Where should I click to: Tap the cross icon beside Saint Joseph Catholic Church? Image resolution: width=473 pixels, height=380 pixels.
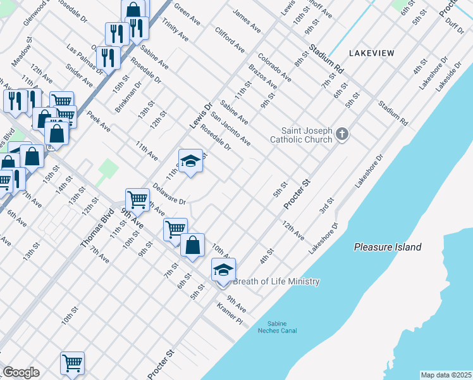point(342,134)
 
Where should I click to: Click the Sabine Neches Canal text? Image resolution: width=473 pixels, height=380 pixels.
point(277,327)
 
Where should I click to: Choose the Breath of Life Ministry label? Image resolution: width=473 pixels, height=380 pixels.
point(276,282)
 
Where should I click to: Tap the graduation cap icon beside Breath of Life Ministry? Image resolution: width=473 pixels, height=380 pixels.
point(223,270)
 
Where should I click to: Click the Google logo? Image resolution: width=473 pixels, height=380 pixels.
point(21,372)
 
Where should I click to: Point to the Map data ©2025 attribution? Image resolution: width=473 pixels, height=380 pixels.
point(446,375)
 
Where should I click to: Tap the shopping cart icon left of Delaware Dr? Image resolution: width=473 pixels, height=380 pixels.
point(137,200)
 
